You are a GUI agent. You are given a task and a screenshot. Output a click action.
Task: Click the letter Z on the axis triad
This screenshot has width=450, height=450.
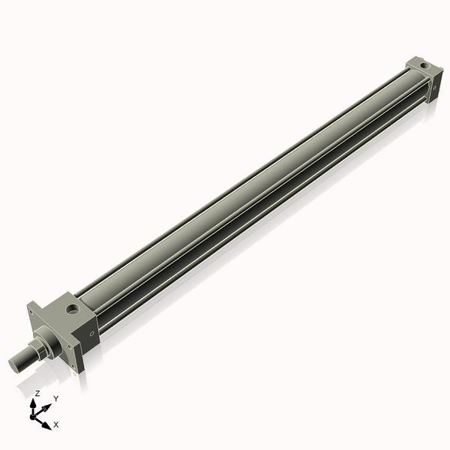(37, 393)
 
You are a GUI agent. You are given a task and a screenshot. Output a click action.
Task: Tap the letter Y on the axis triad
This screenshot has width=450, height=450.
(55, 400)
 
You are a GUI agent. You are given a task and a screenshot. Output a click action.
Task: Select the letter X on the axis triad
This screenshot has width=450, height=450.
(56, 424)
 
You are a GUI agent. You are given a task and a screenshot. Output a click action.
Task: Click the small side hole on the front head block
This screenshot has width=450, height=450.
(92, 332)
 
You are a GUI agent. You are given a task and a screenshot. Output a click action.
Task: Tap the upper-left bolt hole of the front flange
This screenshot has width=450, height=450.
(31, 307)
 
